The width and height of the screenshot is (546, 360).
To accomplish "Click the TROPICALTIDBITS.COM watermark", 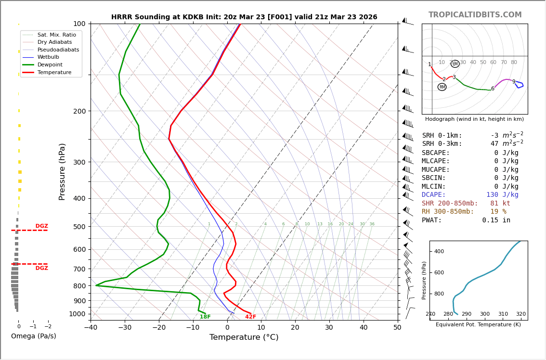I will [475, 15].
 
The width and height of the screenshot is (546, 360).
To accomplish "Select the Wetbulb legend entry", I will [48, 57].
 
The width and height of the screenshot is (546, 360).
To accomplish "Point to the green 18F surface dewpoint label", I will [205, 317].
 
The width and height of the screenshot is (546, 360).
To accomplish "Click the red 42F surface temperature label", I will [250, 317].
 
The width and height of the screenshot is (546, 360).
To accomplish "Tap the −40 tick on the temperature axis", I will [91, 328].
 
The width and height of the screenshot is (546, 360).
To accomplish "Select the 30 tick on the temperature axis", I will [329, 328].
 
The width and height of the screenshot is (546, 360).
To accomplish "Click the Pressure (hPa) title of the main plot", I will [62, 171].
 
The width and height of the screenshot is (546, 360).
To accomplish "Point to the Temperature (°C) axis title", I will [244, 337].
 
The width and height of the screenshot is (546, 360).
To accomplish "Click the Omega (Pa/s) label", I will [34, 336].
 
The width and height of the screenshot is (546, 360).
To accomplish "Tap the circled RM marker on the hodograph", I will [442, 87].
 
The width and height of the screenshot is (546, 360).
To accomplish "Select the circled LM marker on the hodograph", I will [455, 64].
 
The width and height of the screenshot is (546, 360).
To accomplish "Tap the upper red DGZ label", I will [41, 226].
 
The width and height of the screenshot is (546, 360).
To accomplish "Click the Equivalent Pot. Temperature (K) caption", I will [478, 325].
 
